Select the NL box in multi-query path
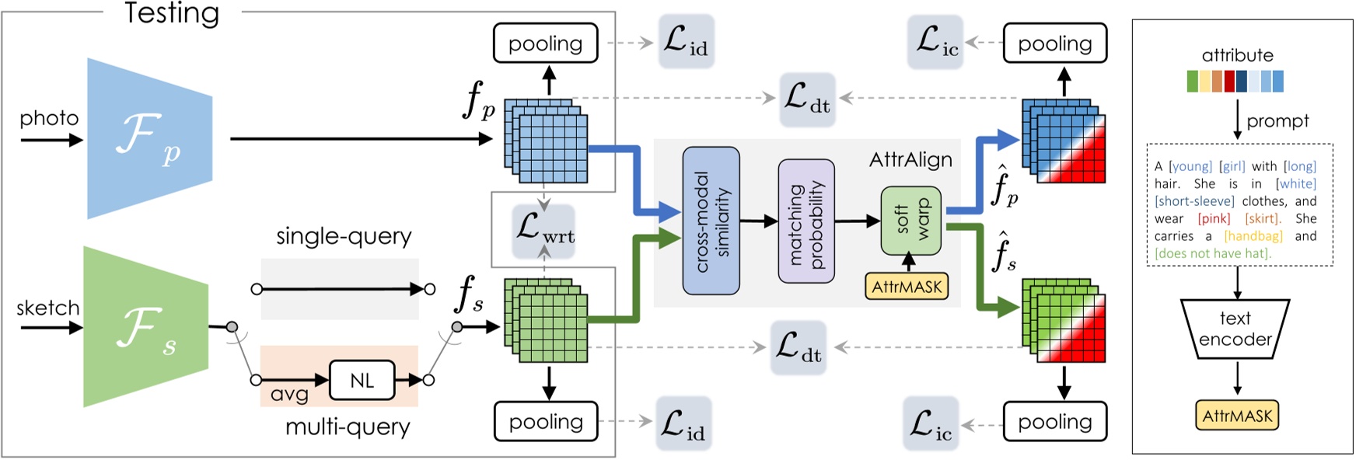[362, 381]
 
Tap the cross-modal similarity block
[711, 221]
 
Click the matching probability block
[806, 221]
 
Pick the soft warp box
[910, 221]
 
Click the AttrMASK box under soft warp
[907, 287]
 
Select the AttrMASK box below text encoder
[1236, 416]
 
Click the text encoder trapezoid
[1235, 329]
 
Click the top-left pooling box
[545, 44]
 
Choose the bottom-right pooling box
[1054, 421]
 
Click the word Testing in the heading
[172, 13]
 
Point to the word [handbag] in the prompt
[1253, 236]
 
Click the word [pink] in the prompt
[1214, 219]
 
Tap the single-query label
[344, 236]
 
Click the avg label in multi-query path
[288, 395]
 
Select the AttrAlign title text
[910, 160]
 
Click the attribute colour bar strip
[1235, 81]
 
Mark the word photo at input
[49, 118]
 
